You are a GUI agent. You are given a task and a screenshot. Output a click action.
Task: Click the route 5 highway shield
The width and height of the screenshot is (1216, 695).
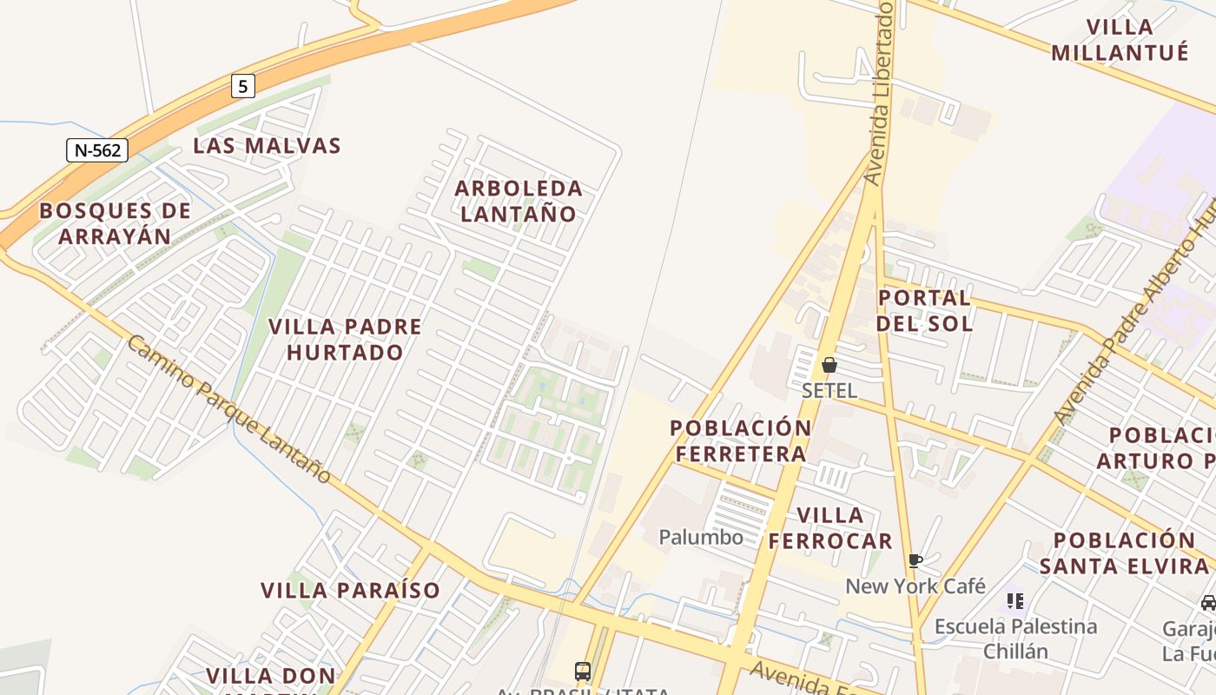point(243,86)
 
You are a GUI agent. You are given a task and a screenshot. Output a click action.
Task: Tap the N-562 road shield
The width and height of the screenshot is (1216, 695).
point(97,150)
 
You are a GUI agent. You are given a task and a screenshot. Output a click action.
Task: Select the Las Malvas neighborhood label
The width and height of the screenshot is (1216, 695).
point(267,146)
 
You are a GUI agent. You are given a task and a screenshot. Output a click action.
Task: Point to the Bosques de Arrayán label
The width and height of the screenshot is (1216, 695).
point(115,223)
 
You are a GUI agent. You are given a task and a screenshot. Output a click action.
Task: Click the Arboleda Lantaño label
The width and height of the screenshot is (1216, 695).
point(519,201)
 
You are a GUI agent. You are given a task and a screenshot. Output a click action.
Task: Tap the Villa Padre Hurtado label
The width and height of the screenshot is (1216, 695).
point(345,339)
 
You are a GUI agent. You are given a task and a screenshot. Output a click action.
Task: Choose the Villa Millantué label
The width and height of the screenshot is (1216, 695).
point(1120,40)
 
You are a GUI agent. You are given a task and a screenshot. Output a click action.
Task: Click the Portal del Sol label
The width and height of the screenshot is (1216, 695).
point(924,310)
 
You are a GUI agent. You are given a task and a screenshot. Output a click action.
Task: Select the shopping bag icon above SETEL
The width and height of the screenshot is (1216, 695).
point(829,365)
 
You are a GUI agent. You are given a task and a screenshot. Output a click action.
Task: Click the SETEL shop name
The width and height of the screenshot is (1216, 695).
point(829,390)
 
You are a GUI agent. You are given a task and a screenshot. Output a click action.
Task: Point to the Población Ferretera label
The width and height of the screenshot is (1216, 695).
point(741,440)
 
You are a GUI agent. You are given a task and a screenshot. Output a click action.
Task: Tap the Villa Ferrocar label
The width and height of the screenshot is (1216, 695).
point(829,528)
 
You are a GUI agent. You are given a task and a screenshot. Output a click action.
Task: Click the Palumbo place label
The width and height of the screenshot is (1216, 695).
point(701,537)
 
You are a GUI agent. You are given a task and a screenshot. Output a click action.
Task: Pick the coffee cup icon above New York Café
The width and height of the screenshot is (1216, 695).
point(915,560)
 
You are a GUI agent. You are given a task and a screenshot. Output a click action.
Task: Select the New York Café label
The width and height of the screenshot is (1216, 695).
point(915,586)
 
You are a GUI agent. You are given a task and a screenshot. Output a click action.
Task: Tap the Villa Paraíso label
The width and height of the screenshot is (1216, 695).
point(351,590)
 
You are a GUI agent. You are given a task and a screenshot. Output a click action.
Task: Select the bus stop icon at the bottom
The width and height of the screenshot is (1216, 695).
point(583,671)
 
